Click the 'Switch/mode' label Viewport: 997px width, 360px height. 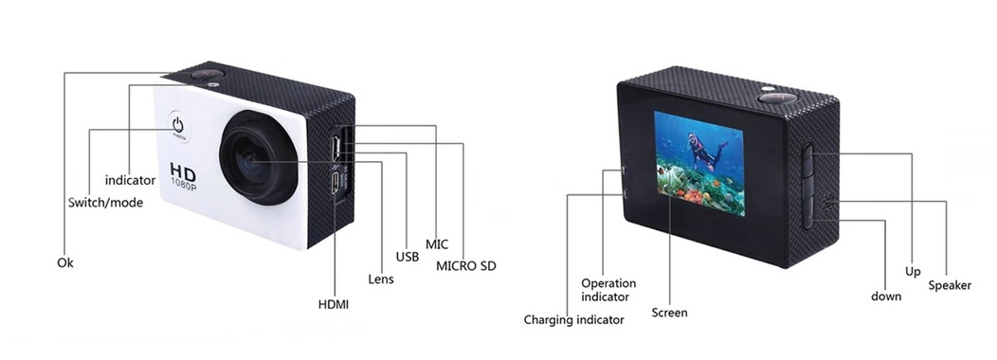point(105,203)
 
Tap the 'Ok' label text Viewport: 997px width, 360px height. point(64,262)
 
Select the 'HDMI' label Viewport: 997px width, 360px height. point(334,304)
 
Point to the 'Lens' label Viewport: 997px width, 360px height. point(381,279)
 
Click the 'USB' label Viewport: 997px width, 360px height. point(407,257)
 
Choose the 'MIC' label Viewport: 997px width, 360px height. point(437,244)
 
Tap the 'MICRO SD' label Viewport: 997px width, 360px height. point(466,266)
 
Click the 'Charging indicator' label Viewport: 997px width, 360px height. point(573,320)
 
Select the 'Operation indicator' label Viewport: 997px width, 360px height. point(608,290)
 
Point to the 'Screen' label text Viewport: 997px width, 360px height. point(669,313)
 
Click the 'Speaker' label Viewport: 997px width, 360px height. point(950,285)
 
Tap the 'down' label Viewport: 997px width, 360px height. point(886,297)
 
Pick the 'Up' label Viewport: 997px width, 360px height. point(913,272)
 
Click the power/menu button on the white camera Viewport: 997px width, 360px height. point(179,125)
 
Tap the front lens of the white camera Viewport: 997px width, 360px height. point(258,158)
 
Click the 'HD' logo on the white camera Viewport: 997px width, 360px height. point(183,171)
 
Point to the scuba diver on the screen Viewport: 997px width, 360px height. point(704,152)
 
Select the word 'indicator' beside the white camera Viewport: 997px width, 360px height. point(131,180)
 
